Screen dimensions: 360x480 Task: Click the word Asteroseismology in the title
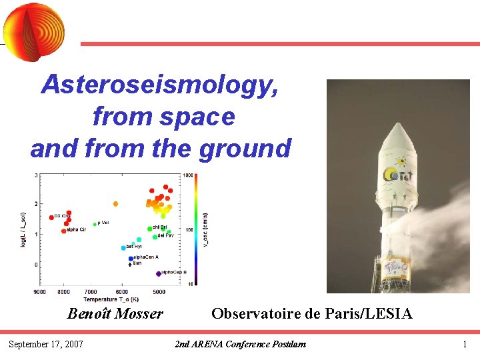point(160,85)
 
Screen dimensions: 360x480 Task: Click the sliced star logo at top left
point(34,28)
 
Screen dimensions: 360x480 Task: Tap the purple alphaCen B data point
point(158,273)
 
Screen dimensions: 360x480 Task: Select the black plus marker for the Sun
point(129,264)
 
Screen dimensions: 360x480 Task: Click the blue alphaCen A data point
point(131,257)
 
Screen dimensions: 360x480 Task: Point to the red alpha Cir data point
point(64,231)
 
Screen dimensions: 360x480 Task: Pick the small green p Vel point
point(95,224)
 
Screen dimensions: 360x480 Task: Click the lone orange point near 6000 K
point(115,203)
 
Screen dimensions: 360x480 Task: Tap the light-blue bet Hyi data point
point(123,247)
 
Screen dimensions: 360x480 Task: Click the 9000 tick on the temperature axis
point(40,291)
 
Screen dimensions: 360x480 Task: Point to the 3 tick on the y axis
point(35,175)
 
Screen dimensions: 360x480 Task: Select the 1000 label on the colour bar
point(189,175)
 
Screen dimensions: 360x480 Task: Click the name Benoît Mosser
point(115,313)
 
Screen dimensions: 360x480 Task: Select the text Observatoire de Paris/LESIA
point(311,313)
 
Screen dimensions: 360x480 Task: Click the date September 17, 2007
point(45,344)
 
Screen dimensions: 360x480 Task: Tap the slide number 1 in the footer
point(465,344)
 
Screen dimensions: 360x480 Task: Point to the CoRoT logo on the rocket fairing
point(399,173)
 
